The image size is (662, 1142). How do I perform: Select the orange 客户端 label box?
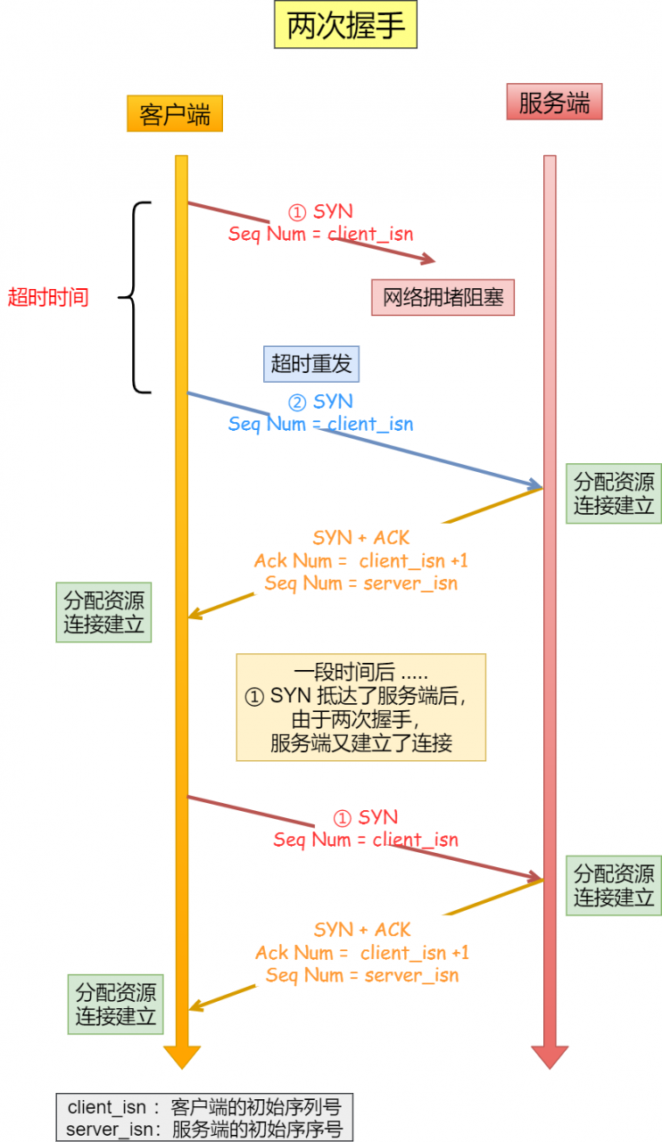pyautogui.click(x=174, y=114)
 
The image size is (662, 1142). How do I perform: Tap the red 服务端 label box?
pyautogui.click(x=554, y=102)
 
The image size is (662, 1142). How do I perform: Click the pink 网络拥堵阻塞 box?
pyautogui.click(x=443, y=297)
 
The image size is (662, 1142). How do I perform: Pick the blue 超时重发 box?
pyautogui.click(x=311, y=363)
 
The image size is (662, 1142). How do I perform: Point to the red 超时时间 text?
pyautogui.click(x=48, y=297)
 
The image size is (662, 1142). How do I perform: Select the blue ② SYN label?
pyautogui.click(x=321, y=401)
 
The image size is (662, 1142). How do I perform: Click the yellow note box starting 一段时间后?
pyautogui.click(x=360, y=708)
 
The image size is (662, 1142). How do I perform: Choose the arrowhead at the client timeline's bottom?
pyautogui.click(x=181, y=1056)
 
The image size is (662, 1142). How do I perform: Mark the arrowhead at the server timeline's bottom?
pyautogui.click(x=550, y=1056)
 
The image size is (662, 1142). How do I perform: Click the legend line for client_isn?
pyautogui.click(x=204, y=1107)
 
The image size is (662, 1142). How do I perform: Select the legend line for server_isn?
pyautogui.click(x=204, y=1129)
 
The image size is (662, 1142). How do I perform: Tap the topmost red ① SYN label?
pyautogui.click(x=320, y=211)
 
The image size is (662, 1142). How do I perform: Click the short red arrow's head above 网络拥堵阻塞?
pyautogui.click(x=429, y=260)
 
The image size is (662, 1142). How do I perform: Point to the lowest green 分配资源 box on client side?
pyautogui.click(x=116, y=1004)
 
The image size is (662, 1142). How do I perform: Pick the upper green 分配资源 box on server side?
pyautogui.click(x=614, y=494)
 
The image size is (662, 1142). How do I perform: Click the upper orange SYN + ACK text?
pyautogui.click(x=361, y=537)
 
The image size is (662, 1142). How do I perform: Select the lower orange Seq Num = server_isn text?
pyautogui.click(x=362, y=975)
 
